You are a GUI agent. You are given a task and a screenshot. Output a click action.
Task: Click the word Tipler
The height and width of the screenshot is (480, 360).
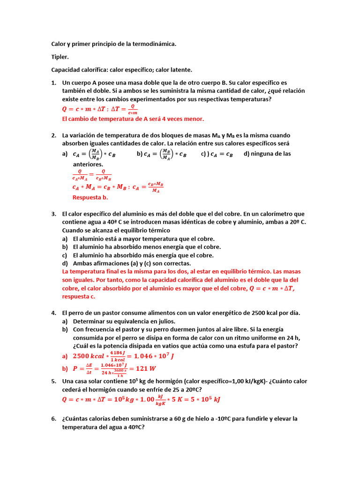60,57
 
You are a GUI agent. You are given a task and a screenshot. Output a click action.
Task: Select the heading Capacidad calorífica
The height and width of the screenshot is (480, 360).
79,70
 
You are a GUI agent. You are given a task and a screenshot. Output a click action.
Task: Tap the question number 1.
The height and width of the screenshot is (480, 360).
53,82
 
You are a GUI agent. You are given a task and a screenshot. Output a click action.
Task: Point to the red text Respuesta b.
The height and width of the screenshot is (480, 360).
90,197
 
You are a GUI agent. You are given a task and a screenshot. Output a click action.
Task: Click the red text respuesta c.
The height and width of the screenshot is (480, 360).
79,297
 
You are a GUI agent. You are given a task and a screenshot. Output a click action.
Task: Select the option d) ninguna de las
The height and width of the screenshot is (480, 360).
267,154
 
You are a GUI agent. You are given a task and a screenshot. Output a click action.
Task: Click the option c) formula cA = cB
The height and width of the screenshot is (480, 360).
217,154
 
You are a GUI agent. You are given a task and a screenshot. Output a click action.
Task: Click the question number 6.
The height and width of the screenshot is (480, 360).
53,419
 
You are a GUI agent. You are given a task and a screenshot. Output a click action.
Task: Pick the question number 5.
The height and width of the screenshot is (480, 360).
53,381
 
